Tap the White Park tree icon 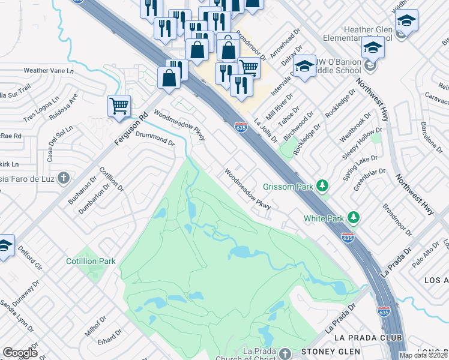[354, 217]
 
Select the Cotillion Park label [91, 262]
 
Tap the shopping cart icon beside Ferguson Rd [119, 106]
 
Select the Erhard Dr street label [110, 336]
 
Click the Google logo [20, 353]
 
